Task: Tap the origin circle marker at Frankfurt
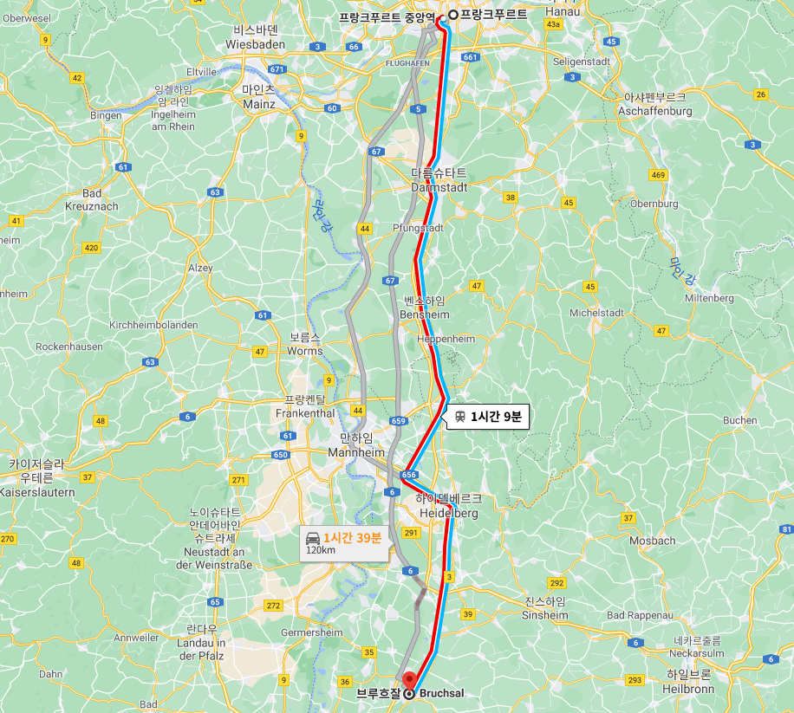452,15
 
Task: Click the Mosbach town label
652,541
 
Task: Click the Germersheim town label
312,632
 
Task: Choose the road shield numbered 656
410,475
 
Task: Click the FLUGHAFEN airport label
407,64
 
